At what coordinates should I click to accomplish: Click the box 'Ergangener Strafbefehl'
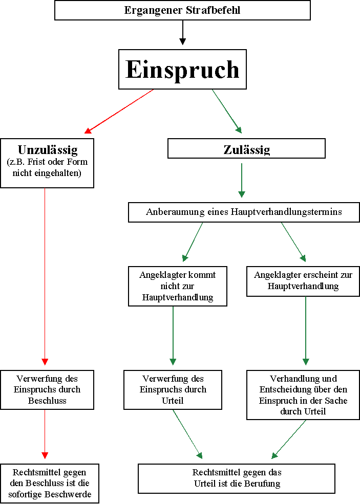(182, 10)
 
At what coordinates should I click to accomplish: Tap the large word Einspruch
(182, 70)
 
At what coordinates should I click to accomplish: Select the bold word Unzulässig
(48, 150)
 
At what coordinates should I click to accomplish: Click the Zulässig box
(246, 149)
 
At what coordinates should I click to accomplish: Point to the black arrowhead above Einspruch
(182, 41)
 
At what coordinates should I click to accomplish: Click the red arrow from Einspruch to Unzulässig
(119, 111)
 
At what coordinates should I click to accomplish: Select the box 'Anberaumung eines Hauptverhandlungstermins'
(244, 212)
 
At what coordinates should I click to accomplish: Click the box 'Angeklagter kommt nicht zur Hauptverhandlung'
(177, 286)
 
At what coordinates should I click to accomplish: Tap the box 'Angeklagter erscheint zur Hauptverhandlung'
(303, 281)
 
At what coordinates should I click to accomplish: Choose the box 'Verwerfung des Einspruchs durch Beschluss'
(47, 389)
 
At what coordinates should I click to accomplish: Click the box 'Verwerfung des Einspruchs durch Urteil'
(173, 389)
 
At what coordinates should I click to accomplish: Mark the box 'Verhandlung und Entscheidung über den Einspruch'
(303, 395)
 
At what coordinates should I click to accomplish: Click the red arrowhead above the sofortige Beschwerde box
(45, 455)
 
